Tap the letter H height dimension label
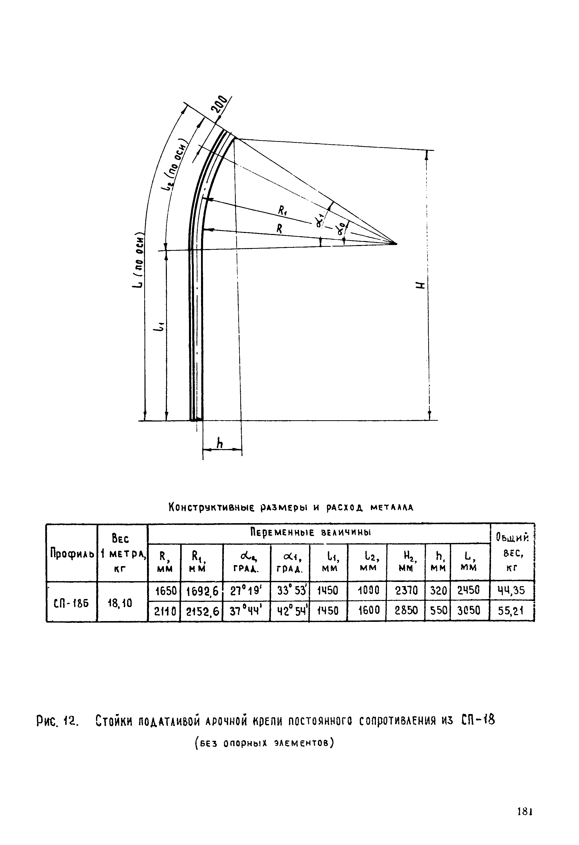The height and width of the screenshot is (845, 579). [420, 285]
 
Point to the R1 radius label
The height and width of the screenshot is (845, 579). [282, 210]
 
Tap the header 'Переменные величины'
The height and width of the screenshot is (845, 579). [311, 533]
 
